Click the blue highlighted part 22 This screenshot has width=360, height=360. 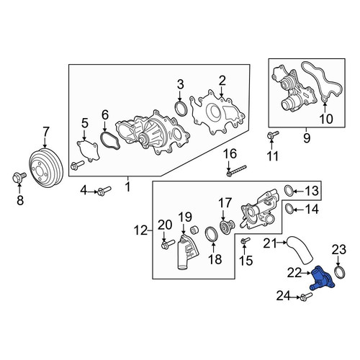click(x=321, y=279)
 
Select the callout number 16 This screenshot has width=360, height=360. click(x=230, y=154)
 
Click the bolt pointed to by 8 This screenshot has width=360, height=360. click(x=19, y=177)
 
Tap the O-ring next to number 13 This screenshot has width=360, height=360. click(x=289, y=191)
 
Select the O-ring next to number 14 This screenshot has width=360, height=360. click(x=289, y=209)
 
